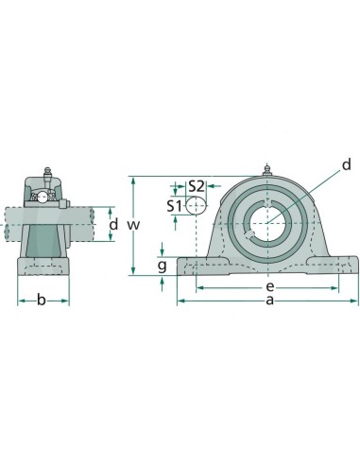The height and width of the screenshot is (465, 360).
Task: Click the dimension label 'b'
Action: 41,301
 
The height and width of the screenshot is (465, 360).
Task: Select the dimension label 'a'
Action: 270,301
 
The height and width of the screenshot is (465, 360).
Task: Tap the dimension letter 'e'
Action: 269,284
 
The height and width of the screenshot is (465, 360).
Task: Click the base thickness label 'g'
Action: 162,267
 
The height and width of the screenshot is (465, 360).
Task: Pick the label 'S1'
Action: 174,205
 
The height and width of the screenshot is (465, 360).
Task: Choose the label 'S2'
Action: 197,186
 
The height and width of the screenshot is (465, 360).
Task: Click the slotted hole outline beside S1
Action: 196,205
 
